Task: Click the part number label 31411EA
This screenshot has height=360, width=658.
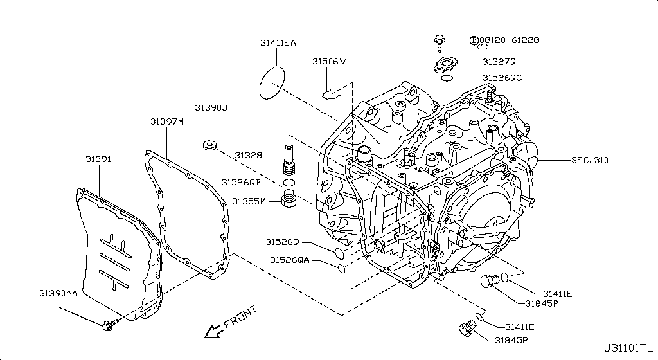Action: click(278, 43)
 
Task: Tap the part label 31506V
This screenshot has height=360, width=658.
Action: click(330, 62)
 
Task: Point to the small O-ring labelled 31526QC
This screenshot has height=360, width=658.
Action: click(447, 78)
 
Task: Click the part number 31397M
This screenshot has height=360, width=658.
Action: click(167, 121)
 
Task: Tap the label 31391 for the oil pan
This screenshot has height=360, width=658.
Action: click(98, 157)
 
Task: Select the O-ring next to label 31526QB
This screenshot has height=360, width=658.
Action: click(289, 183)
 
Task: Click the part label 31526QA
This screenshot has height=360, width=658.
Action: click(289, 260)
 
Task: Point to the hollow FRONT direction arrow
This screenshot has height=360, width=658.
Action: click(211, 331)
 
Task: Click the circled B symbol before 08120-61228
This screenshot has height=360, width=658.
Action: click(474, 40)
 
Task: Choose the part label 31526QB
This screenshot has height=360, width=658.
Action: click(241, 183)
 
